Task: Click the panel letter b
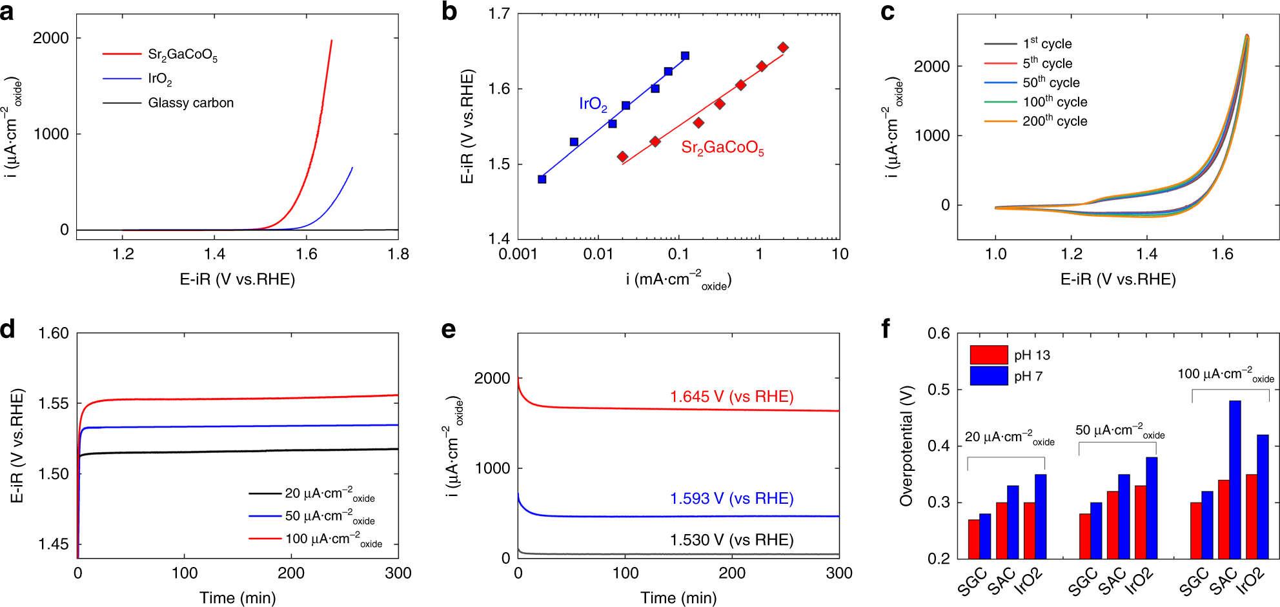(449, 12)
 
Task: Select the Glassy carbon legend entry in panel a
(190, 103)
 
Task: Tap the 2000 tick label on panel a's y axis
(51, 38)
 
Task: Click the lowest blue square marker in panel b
(542, 179)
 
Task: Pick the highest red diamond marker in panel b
(783, 47)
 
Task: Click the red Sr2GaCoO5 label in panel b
(722, 148)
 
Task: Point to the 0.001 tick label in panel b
(518, 254)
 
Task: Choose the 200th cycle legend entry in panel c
(1055, 121)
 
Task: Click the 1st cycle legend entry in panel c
(1047, 44)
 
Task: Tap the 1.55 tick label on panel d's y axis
(54, 404)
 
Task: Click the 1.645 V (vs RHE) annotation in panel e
(731, 397)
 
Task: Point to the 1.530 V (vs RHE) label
(731, 540)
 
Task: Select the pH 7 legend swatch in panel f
(988, 375)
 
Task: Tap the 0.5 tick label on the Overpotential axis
(939, 390)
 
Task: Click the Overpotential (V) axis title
(906, 446)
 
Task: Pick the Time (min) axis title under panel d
(238, 598)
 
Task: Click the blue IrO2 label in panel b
(593, 104)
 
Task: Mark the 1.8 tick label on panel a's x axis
(398, 254)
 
